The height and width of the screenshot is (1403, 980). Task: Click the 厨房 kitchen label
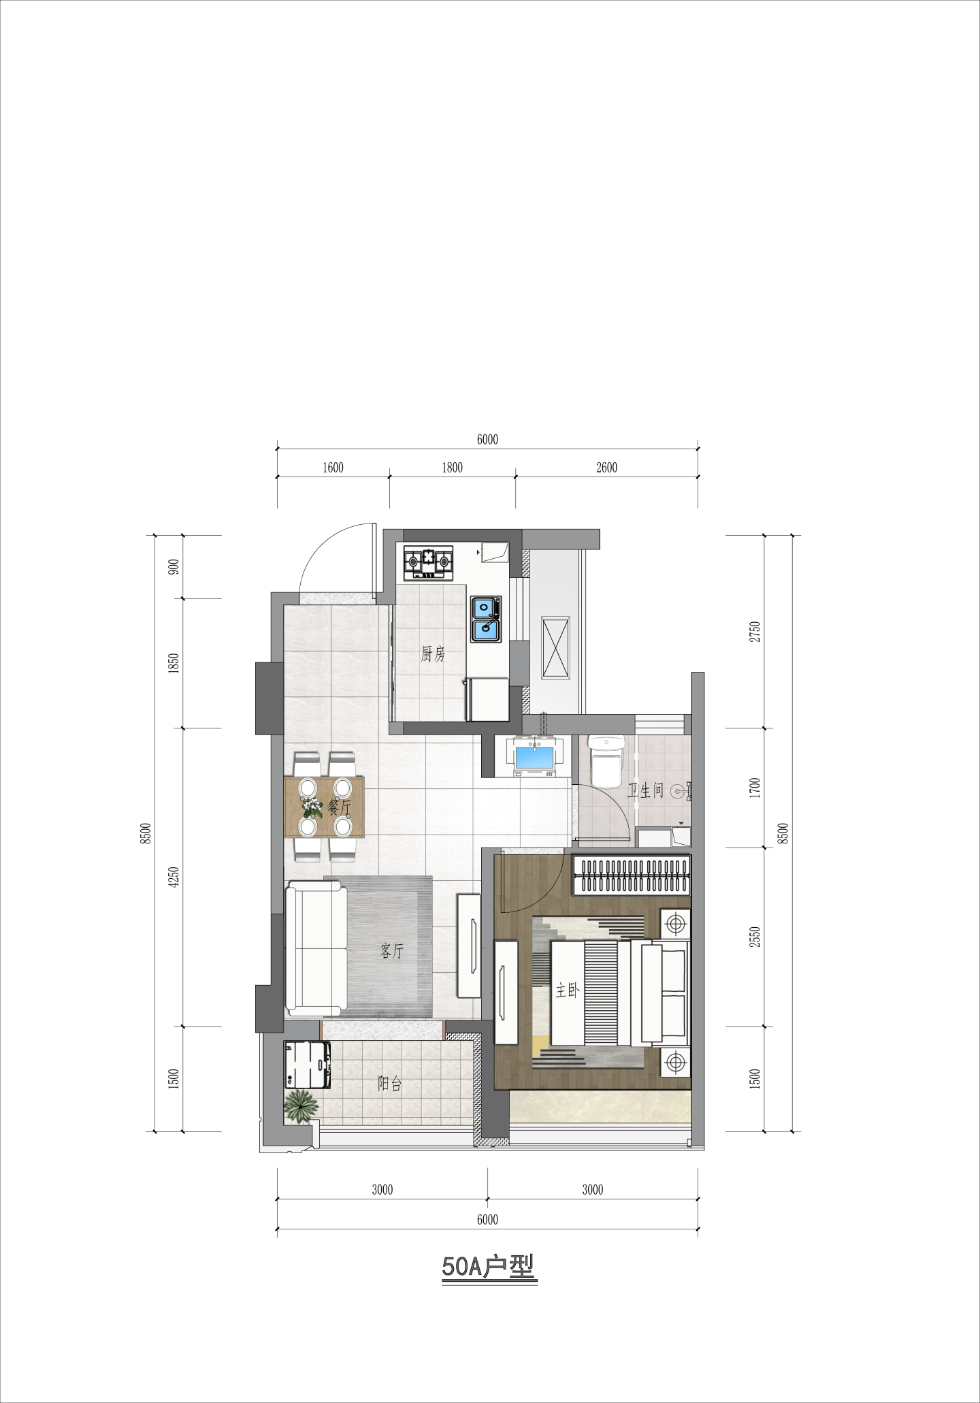(x=433, y=654)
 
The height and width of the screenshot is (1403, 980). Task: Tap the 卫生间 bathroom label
(x=644, y=790)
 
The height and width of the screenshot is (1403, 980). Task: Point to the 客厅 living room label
(x=392, y=951)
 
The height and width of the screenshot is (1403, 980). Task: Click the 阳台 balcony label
(x=389, y=1084)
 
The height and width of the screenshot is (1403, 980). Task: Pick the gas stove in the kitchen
(x=428, y=563)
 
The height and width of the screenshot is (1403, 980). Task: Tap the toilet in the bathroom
(x=605, y=761)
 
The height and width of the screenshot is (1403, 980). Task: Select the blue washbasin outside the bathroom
(x=536, y=758)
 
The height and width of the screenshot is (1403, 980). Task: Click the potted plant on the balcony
(x=301, y=1106)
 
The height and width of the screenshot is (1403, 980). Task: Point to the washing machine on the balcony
(x=308, y=1065)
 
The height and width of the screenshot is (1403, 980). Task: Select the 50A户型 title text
(x=489, y=1267)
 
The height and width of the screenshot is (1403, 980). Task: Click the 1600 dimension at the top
(x=333, y=468)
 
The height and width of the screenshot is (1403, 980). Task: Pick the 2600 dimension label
(x=606, y=468)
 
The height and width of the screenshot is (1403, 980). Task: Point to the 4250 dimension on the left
(x=174, y=877)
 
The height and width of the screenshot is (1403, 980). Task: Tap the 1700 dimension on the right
(x=754, y=788)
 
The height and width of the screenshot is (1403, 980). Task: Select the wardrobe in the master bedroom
(x=632, y=875)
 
